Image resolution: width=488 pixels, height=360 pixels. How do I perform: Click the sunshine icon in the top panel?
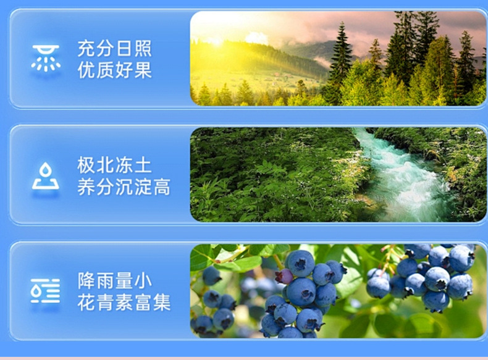[46, 58]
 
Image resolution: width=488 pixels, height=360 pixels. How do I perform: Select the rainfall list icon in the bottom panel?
[45, 291]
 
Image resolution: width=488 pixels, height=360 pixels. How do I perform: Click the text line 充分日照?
[114, 48]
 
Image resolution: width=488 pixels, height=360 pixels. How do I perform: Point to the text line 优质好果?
[114, 70]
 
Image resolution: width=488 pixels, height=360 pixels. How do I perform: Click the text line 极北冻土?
[114, 165]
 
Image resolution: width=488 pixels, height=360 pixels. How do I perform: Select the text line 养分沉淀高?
[124, 186]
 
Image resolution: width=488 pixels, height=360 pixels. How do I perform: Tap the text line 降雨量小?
[114, 280]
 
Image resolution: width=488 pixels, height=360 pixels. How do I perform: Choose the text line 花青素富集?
[124, 302]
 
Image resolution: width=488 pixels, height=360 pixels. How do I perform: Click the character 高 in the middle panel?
[161, 186]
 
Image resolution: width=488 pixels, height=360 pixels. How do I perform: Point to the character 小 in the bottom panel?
[143, 280]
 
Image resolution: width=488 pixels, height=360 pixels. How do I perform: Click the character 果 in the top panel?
[143, 70]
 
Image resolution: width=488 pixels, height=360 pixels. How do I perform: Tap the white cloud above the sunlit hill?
[256, 38]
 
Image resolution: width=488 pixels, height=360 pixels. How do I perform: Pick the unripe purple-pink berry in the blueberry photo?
[284, 276]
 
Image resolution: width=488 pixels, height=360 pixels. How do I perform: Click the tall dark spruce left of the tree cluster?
[341, 56]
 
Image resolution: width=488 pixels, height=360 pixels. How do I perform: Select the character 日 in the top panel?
[124, 48]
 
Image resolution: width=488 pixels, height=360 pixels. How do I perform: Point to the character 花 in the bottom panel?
[86, 302]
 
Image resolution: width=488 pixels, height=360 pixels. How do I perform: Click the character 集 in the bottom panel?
[162, 302]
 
